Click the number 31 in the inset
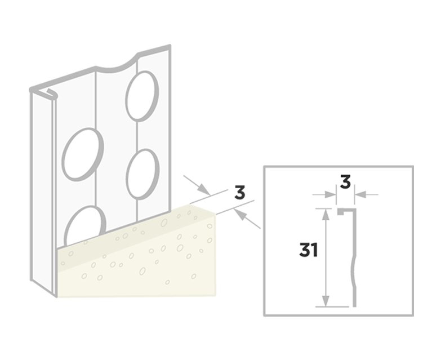[x=309, y=250]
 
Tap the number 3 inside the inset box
[x=345, y=182]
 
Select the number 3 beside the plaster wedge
[x=240, y=193]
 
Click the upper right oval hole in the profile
[x=142, y=96]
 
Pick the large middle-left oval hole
[x=83, y=154]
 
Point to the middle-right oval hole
[x=142, y=174]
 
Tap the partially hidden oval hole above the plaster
[x=85, y=225]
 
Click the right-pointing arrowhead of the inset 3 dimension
[x=330, y=194]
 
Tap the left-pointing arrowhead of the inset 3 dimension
[x=360, y=194]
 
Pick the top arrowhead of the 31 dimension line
[x=325, y=214]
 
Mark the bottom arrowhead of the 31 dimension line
[x=325, y=301]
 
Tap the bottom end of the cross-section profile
[x=355, y=306]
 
